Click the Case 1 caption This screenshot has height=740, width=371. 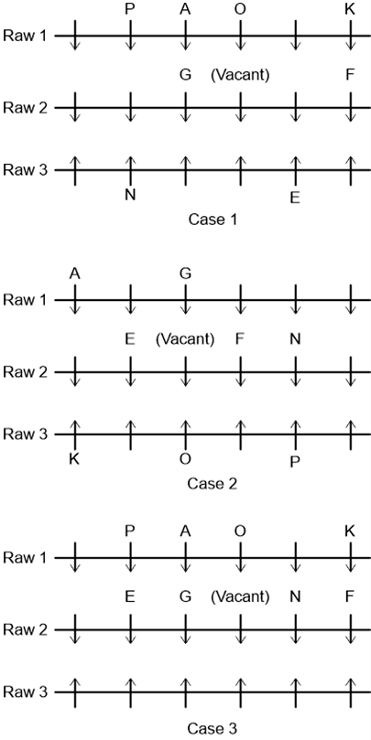[x=212, y=220]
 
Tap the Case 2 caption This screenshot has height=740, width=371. [x=212, y=484]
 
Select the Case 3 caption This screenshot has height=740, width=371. [x=212, y=728]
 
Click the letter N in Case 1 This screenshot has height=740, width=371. [x=130, y=195]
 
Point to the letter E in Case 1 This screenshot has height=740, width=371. [x=295, y=198]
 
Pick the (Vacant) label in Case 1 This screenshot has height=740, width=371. [x=240, y=76]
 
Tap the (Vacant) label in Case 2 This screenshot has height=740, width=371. [x=185, y=339]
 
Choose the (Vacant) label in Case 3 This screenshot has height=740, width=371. [x=240, y=597]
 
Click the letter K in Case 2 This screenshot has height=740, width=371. [x=75, y=458]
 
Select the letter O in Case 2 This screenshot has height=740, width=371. [x=185, y=458]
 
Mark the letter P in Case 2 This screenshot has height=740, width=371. [x=295, y=462]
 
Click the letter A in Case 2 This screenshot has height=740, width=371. [x=75, y=273]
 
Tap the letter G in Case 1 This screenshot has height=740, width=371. [x=185, y=75]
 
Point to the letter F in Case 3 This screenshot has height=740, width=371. [x=350, y=597]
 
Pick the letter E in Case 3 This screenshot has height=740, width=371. [x=130, y=597]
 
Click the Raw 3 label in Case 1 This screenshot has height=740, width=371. [x=26, y=169]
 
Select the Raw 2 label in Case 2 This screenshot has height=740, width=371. [x=26, y=371]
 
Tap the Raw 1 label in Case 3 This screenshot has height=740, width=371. [x=26, y=557]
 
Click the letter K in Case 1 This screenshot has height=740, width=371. [x=350, y=10]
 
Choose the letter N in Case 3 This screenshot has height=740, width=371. [x=295, y=597]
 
